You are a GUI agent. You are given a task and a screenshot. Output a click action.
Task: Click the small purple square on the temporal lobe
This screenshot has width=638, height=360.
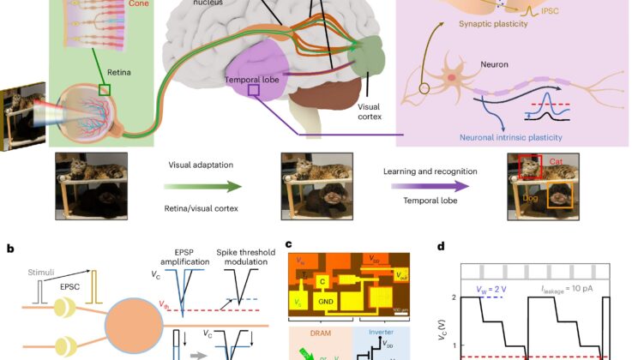coord(253,88)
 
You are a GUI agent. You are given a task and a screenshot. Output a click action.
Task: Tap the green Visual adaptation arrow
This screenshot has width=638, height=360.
coord(202,184)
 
